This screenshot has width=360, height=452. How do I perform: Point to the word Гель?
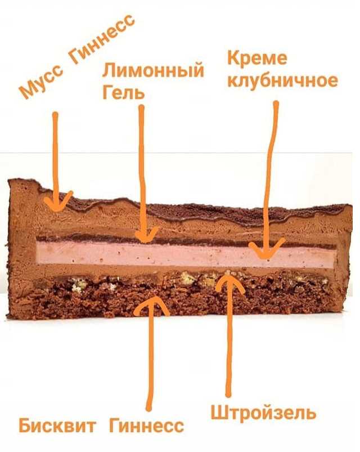click(x=123, y=92)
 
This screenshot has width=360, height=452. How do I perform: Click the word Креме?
click(x=256, y=59)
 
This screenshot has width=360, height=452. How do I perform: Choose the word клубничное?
click(x=282, y=79)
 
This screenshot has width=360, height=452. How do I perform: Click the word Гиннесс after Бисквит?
click(x=147, y=425)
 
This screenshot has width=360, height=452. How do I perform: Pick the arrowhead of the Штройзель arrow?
click(x=228, y=279)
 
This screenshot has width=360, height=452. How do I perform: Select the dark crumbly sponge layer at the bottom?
click(x=112, y=301)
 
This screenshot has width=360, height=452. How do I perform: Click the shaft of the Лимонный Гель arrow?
click(x=142, y=169)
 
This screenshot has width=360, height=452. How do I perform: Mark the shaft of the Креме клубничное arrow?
click(x=273, y=169)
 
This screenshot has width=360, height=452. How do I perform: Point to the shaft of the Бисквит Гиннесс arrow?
click(x=150, y=360)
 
